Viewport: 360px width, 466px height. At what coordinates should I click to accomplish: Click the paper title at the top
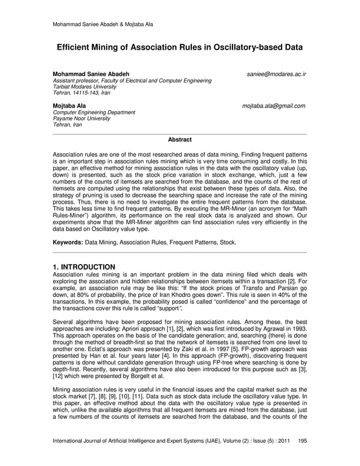point(179,49)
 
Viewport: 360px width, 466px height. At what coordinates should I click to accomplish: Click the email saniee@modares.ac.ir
point(276,74)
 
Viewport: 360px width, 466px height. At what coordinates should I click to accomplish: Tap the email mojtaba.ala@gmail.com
point(274,105)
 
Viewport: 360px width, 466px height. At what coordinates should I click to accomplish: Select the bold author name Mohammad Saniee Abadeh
point(90,74)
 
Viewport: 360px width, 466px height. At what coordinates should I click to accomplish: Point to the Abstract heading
point(180,139)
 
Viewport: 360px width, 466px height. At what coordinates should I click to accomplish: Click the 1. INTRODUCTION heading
point(84,266)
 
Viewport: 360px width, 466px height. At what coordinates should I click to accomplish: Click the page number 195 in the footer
point(302,439)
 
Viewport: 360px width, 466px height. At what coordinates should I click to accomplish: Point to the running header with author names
point(102,24)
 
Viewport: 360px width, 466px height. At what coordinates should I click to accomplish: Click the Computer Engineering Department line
point(93,112)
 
